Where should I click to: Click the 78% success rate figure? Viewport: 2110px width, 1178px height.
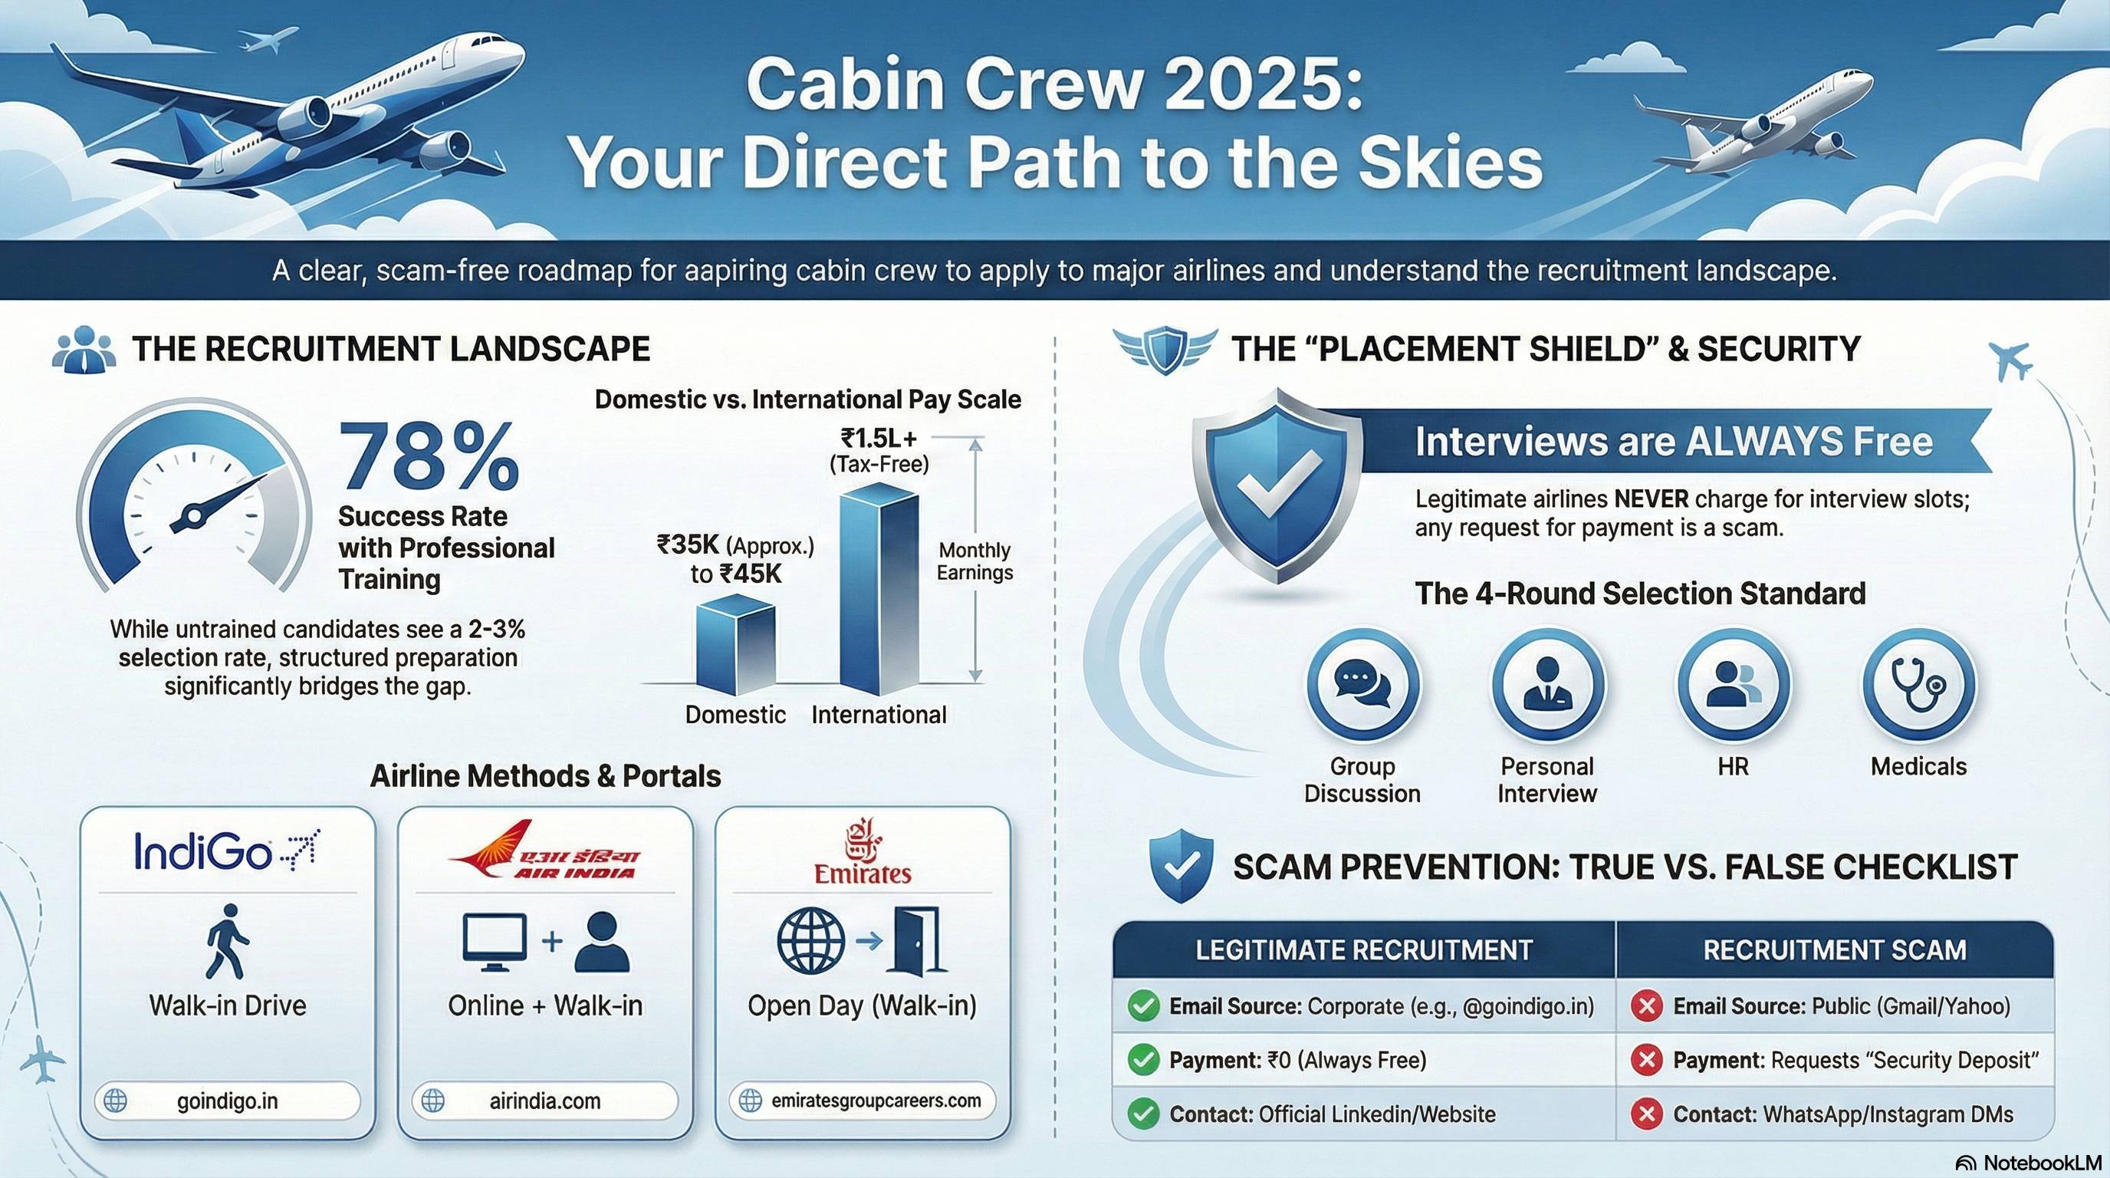pyautogui.click(x=429, y=456)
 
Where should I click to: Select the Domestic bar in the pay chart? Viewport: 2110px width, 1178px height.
pyautogui.click(x=735, y=643)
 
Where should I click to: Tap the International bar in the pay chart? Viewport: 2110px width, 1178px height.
pyautogui.click(x=879, y=590)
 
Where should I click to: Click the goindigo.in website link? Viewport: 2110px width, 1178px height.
pyautogui.click(x=227, y=1101)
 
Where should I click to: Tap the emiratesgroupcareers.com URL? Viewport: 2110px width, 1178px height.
pyautogui.click(x=876, y=1101)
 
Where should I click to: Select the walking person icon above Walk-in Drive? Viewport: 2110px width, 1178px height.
pyautogui.click(x=227, y=941)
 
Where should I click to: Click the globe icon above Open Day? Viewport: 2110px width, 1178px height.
pyautogui.click(x=810, y=940)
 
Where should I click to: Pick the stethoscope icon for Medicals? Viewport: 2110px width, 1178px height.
pyautogui.click(x=1918, y=684)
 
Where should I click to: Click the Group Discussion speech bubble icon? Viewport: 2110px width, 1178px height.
pyautogui.click(x=1362, y=684)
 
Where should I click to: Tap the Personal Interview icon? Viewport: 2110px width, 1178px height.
pyautogui.click(x=1546, y=684)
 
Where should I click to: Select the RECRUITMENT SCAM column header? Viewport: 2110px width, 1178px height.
pyautogui.click(x=1834, y=949)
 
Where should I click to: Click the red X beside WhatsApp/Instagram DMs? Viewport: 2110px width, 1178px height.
pyautogui.click(x=1645, y=1114)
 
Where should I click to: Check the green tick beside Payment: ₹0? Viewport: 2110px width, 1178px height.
pyautogui.click(x=1142, y=1060)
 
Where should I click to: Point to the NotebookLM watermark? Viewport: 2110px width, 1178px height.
pyautogui.click(x=2028, y=1163)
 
